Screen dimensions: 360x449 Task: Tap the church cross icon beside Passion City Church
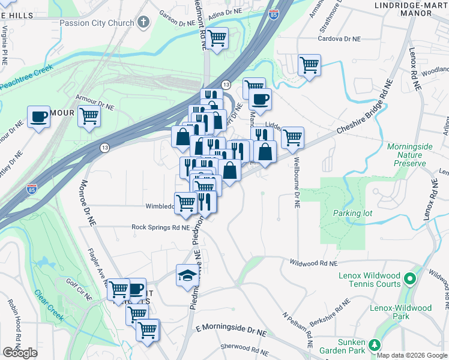click(x=143, y=23)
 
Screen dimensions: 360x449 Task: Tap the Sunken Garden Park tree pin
click(x=375, y=344)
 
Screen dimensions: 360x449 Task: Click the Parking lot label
click(x=351, y=213)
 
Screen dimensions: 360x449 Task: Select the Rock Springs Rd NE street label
click(x=160, y=227)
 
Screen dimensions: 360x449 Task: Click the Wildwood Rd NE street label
click(x=313, y=263)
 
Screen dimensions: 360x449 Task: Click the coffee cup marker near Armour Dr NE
click(x=38, y=116)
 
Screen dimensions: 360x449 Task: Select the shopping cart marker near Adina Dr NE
click(x=217, y=38)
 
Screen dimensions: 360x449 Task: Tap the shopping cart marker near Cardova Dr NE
click(x=309, y=64)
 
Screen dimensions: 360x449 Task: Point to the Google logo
click(x=20, y=353)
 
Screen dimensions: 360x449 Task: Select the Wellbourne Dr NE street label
click(x=297, y=182)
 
